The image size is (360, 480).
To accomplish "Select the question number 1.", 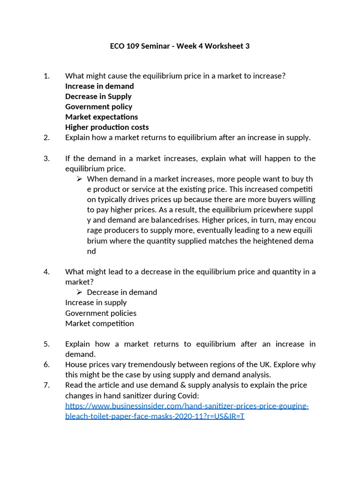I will (x=46, y=76).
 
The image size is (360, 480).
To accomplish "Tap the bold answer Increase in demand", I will (x=99, y=86).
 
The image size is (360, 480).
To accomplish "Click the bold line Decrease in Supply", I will (x=98, y=97).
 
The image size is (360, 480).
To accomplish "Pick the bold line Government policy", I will (x=98, y=107).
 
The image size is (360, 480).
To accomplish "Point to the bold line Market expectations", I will (x=101, y=117).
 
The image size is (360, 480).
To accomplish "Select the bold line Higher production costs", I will (x=107, y=127).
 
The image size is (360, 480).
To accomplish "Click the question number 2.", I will (x=46, y=138).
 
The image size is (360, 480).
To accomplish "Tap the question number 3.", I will (x=46, y=158).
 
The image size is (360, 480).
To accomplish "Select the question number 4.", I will (x=46, y=272).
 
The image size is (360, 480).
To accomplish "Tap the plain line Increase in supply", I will (x=96, y=303).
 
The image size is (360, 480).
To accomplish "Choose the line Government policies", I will (x=101, y=313).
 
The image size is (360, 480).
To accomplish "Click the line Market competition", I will (x=99, y=323).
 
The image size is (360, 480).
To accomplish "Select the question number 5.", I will (x=46, y=344).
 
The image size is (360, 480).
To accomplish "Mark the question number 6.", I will (x=46, y=365).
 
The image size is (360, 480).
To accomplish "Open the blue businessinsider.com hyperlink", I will (x=187, y=406).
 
